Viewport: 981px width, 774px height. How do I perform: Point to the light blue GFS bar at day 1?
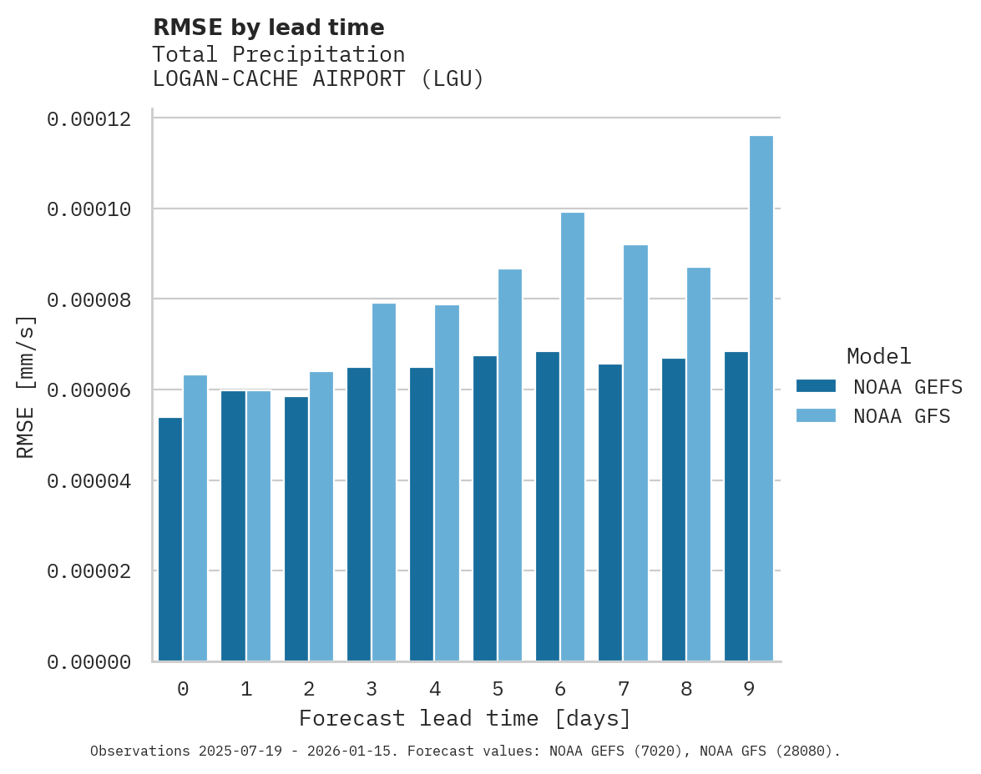tap(258, 525)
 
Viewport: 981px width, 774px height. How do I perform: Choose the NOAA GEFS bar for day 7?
tap(610, 512)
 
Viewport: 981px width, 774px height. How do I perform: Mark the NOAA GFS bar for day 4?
tap(447, 483)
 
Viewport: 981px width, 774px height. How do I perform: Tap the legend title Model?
tap(878, 356)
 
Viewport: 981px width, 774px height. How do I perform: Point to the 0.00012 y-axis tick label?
tap(88, 119)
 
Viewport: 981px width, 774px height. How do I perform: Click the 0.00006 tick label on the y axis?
tap(88, 390)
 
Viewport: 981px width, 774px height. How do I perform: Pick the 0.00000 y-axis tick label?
tap(88, 662)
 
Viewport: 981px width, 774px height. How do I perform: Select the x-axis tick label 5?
tap(498, 689)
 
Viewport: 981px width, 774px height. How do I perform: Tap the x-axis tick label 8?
tap(686, 689)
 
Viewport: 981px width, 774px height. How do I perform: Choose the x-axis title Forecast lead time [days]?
tap(465, 718)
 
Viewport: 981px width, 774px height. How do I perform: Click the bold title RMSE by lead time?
tap(268, 28)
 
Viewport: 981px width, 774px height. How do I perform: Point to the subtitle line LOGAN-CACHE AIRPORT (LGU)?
tap(318, 80)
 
